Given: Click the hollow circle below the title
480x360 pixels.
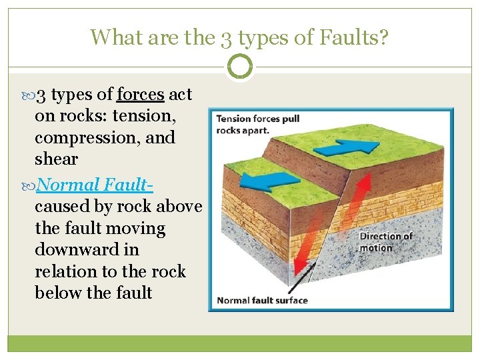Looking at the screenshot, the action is click(240, 67).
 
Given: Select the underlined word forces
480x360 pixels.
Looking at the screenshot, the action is click(140, 95).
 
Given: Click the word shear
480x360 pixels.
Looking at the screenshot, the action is click(56, 159).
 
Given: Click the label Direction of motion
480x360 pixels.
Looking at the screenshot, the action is click(386, 242).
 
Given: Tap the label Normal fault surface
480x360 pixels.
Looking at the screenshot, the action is click(262, 300).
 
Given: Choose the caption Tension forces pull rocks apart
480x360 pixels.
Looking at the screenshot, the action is click(257, 125).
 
